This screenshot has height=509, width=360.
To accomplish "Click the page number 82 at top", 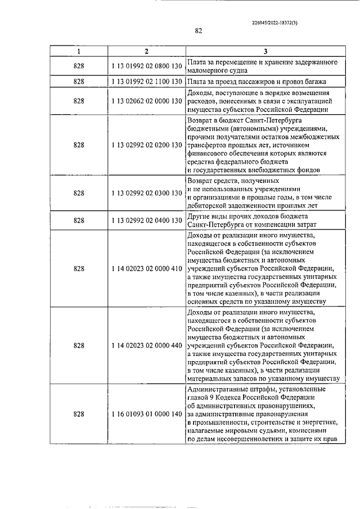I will tap(199, 31).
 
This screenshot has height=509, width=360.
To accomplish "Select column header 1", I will tap(79, 52).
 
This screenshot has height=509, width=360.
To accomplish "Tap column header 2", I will tap(146, 52).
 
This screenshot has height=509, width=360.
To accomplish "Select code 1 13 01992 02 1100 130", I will tap(146, 82).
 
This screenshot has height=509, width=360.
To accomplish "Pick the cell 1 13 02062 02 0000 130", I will tap(146, 101).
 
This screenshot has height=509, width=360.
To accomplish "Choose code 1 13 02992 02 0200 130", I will tap(146, 145).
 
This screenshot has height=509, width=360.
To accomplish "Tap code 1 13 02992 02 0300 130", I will tap(146, 193).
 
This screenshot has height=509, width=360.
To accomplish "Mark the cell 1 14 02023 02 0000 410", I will tap(146, 268).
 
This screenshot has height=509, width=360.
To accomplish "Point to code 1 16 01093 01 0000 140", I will tap(146, 414).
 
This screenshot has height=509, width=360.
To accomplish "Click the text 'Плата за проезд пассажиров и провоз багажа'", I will tap(256, 82).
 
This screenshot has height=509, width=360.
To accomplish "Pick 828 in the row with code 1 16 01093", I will tap(79, 414).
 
